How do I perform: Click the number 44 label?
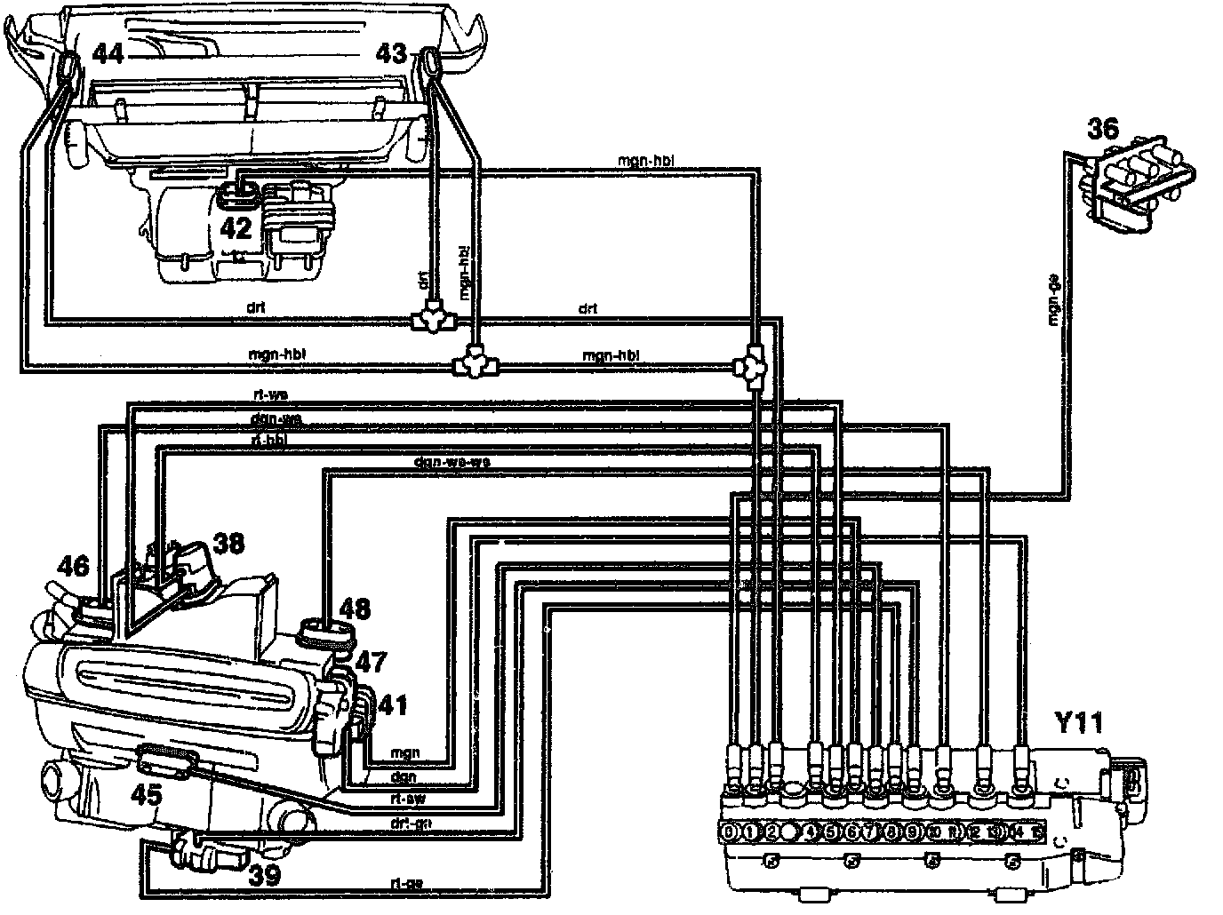click(x=108, y=56)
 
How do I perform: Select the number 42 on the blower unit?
click(x=236, y=229)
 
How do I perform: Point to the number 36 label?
click(x=1105, y=130)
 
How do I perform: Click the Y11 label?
click(x=1078, y=724)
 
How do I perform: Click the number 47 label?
click(x=372, y=662)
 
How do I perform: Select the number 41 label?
click(x=391, y=705)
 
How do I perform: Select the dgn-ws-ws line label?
click(x=452, y=462)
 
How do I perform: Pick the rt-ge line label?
click(x=406, y=883)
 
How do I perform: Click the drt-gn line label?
click(x=411, y=822)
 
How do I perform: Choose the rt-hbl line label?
click(x=269, y=439)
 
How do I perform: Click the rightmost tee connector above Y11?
click(x=752, y=365)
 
